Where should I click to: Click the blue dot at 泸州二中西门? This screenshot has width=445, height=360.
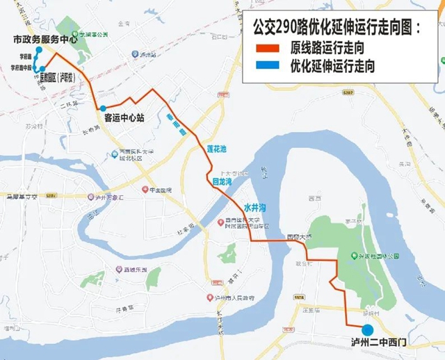click(x=367, y=329)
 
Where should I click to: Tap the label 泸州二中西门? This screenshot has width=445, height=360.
click(x=380, y=343)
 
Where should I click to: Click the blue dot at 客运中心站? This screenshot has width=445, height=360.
click(x=103, y=108)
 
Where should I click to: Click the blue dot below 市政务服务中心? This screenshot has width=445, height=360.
click(x=40, y=50)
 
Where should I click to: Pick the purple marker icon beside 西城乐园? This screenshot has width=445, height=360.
click(x=118, y=270)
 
